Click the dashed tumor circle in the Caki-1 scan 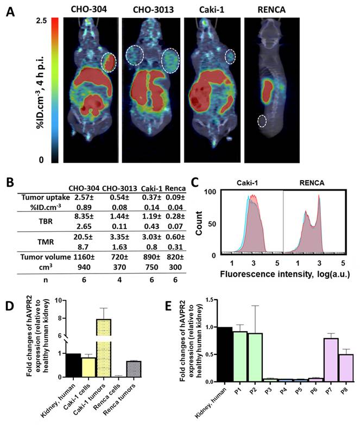(x=231, y=55)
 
